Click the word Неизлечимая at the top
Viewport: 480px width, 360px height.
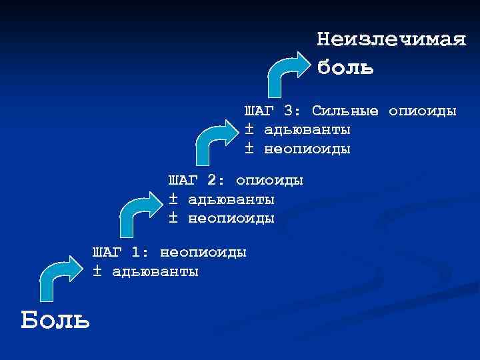(391, 39)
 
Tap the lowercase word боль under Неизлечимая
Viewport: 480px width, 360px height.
(345, 67)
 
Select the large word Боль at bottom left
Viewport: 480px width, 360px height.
(55, 320)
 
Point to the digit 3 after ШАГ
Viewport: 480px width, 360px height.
(287, 110)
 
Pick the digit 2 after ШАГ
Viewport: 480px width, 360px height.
(211, 181)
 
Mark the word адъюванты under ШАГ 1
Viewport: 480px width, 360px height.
(155, 271)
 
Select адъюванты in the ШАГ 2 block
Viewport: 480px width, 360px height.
(231, 199)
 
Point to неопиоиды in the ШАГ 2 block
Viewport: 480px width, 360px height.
(231, 218)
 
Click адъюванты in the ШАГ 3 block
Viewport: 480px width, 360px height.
(307, 129)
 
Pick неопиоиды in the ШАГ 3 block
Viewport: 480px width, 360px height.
(307, 148)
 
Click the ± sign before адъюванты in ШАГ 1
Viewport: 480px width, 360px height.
(97, 271)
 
